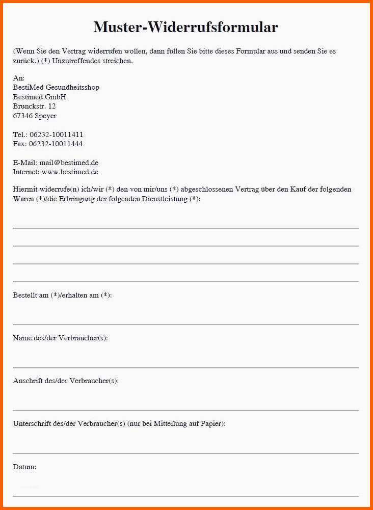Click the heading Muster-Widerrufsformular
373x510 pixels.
click(x=185, y=27)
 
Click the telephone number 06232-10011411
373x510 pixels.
click(x=56, y=135)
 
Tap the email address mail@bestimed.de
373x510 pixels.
click(x=68, y=163)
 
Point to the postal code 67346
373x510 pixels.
click(x=22, y=116)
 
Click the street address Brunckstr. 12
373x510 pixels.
click(x=34, y=106)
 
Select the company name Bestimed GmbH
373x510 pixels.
click(x=39, y=97)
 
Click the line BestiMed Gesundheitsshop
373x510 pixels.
click(x=56, y=88)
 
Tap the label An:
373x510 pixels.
click(x=19, y=78)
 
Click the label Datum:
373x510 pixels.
click(x=24, y=467)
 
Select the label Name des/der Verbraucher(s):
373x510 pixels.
click(x=60, y=338)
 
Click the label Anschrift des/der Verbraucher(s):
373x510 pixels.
click(x=66, y=381)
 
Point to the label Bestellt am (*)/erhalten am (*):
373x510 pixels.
click(x=62, y=295)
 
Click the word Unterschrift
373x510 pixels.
click(x=30, y=423)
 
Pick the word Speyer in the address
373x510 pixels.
click(x=45, y=116)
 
